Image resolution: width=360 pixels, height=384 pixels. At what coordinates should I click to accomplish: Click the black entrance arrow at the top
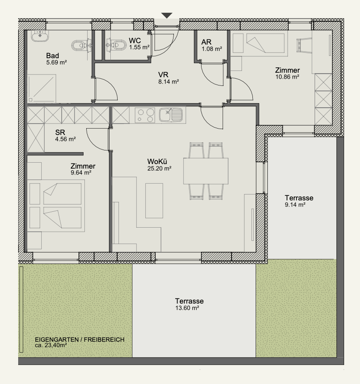click(x=167, y=15)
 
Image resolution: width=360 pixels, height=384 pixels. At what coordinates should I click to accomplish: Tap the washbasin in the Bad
click(x=40, y=35)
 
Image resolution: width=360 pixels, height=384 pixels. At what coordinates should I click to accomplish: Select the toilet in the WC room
click(x=116, y=45)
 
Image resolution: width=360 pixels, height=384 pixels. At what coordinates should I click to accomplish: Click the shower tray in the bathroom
click(x=42, y=89)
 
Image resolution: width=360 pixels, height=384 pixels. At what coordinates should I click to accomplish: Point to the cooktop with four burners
click(x=145, y=115)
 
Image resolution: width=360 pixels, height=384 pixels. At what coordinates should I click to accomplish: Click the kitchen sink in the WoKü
click(x=171, y=115)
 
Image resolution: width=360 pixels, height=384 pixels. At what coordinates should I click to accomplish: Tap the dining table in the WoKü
click(x=206, y=171)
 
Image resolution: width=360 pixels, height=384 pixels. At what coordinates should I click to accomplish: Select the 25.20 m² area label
click(x=159, y=169)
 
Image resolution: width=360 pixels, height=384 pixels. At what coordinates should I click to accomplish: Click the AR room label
click(x=207, y=42)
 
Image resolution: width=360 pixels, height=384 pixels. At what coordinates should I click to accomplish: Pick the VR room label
click(x=163, y=75)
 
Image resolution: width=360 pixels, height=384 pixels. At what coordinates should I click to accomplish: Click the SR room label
click(x=60, y=133)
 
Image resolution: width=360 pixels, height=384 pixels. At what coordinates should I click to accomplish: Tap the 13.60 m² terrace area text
click(x=187, y=308)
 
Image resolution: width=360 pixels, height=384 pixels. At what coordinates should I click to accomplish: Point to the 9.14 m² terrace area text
click(x=295, y=205)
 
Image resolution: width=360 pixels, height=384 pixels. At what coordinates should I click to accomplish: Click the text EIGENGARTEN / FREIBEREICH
click(x=80, y=339)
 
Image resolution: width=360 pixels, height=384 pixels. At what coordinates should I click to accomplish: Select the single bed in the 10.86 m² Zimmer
click(x=258, y=43)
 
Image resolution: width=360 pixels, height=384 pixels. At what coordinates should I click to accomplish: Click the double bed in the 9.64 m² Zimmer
click(x=56, y=206)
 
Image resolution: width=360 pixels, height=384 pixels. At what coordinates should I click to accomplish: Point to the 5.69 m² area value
click(x=56, y=62)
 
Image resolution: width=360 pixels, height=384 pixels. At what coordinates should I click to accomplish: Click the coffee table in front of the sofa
click(x=154, y=200)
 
